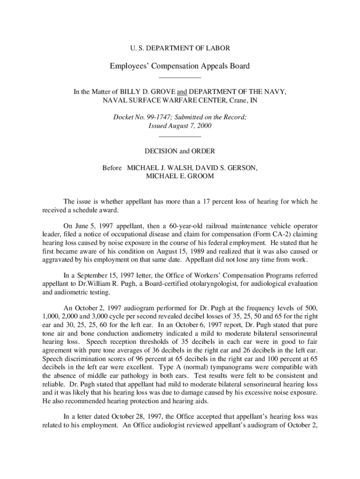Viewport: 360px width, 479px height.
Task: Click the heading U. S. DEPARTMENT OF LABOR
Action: [180, 48]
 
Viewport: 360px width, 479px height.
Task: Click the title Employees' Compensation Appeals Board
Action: [180, 66]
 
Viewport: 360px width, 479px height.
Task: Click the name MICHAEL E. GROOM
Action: [180, 176]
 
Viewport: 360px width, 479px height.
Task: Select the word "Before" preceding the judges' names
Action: [112, 167]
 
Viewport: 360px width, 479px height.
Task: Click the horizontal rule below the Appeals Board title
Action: [180, 77]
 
